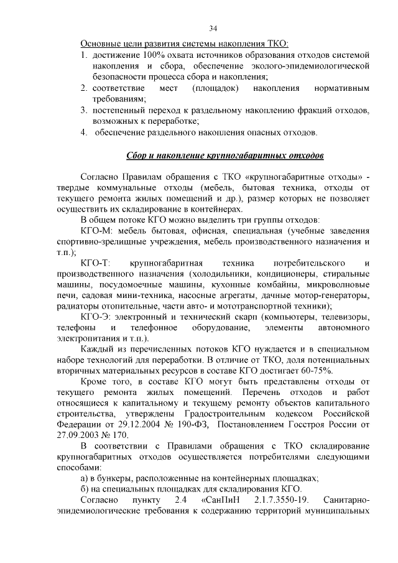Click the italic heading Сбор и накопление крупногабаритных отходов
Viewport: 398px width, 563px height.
pos(224,154)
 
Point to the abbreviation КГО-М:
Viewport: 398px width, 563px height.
pos(95,230)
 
